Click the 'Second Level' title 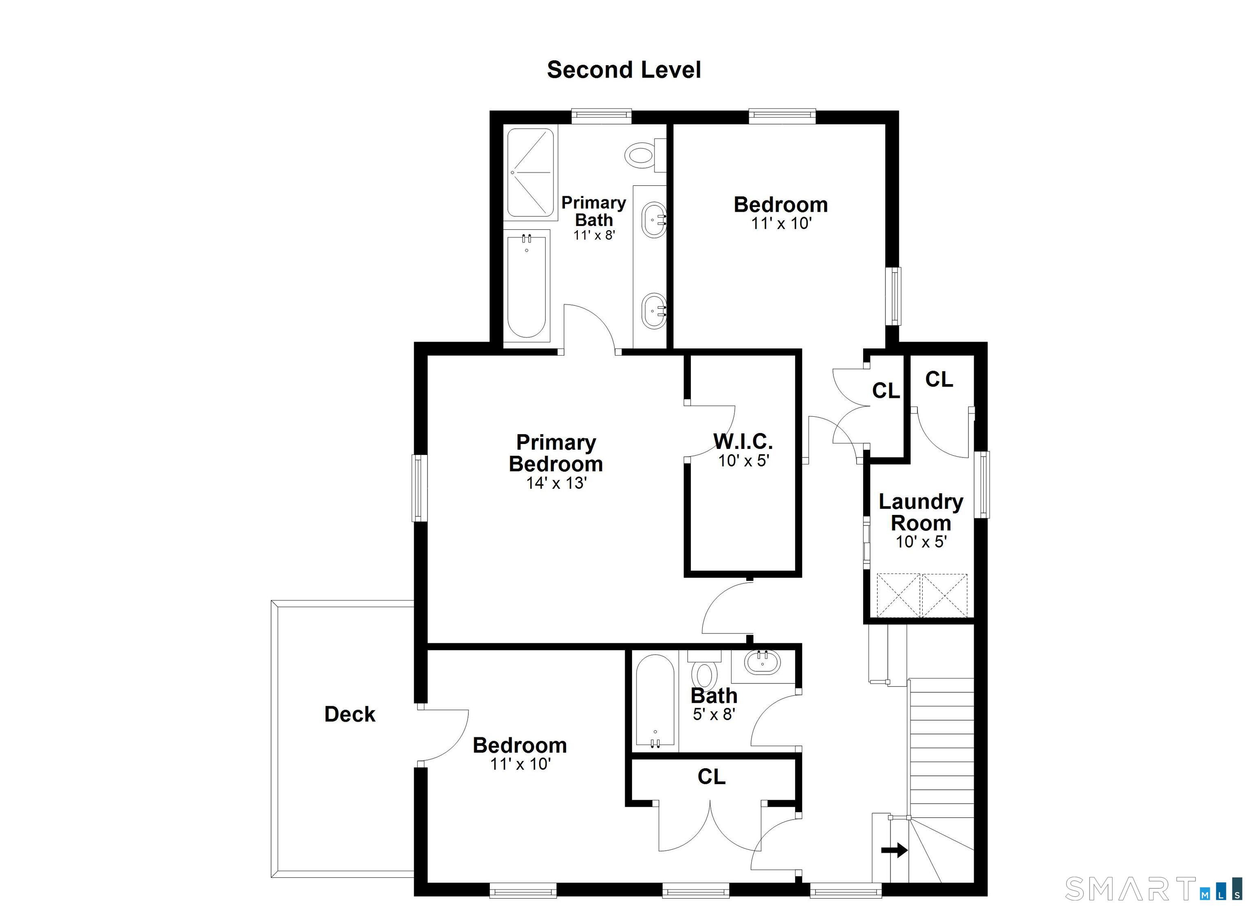coord(624,70)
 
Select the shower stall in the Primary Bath coord(530,172)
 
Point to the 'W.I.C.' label coord(743,442)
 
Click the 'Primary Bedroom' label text coord(556,453)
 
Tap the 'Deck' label coord(350,714)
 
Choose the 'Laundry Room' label coord(921,512)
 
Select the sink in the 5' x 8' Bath coord(763,663)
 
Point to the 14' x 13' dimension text coord(556,484)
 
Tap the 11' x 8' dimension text coord(594,235)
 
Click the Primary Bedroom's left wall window coord(419,488)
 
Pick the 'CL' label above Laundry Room coord(939,379)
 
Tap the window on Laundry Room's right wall coord(982,484)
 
